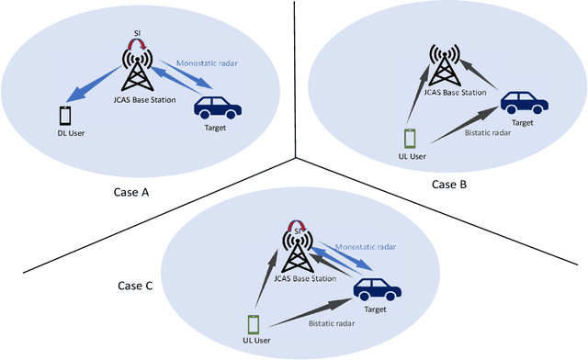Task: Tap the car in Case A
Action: click(x=218, y=109)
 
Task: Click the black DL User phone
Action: click(x=65, y=116)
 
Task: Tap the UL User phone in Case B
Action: click(x=411, y=139)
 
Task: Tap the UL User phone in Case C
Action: click(x=254, y=324)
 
